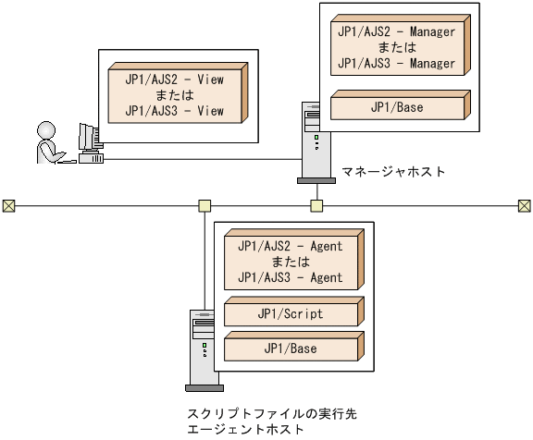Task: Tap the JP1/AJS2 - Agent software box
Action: tap(289, 262)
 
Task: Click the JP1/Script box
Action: tap(289, 314)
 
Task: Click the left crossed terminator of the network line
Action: tap(8, 205)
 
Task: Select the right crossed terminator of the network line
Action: tap(525, 205)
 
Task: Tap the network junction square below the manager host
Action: tap(317, 205)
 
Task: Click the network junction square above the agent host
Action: tap(205, 205)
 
